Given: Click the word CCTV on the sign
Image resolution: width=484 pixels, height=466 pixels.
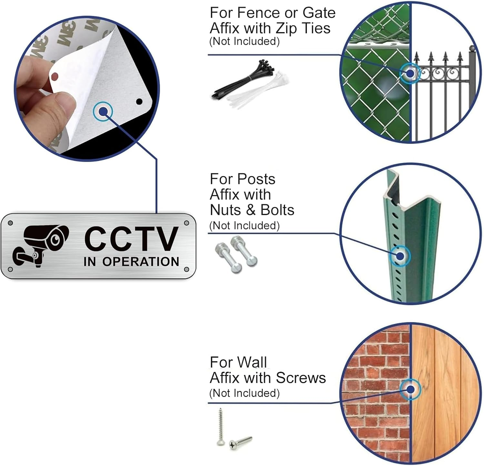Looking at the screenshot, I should pos(131,238).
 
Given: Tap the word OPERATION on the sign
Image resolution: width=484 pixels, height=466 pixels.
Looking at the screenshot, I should pos(141,262).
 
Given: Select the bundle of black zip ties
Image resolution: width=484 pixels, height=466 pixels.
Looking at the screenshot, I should pos(245,79).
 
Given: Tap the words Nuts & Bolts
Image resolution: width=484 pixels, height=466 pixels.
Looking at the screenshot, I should pos(252,210).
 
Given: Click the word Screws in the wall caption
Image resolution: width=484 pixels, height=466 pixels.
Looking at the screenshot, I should pos(301,378).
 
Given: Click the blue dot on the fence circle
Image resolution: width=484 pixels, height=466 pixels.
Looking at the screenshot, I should pos(410,73).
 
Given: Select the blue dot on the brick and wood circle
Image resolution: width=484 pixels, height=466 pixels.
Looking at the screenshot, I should pos(410,390).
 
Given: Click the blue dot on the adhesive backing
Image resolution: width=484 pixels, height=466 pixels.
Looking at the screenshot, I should pos(103,112).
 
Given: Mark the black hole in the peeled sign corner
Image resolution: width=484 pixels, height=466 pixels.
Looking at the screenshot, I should pos(139,102).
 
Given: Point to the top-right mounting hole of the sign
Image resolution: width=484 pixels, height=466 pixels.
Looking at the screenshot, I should pos(186,223).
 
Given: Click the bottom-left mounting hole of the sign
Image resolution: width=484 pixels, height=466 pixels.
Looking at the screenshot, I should pos(10,269).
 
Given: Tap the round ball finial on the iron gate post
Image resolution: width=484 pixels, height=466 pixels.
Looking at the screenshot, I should pos(472,49).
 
